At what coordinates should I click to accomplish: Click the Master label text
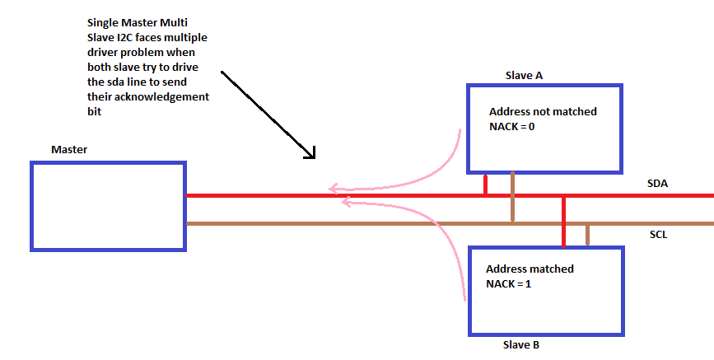69,149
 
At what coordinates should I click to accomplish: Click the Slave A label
524,75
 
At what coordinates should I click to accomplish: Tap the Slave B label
520,345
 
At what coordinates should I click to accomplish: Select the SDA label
657,184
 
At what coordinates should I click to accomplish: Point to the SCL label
658,235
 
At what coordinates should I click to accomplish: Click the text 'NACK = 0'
514,127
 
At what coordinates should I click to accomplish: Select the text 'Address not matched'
543,112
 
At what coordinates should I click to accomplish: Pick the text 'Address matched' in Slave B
530,269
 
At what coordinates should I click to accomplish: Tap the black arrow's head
310,153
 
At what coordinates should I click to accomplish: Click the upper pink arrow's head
332,189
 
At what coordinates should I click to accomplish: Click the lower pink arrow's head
345,201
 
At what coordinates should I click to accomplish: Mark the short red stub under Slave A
486,185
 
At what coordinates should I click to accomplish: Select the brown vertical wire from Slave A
512,198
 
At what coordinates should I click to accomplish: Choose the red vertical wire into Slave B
564,222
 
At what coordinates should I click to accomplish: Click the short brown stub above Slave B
587,235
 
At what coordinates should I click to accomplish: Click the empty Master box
108,205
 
